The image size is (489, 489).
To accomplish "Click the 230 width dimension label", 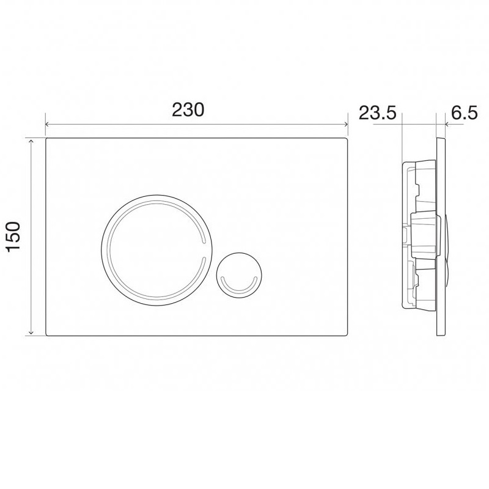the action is (x=188, y=110).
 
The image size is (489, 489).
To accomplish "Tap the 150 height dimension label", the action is (x=13, y=237).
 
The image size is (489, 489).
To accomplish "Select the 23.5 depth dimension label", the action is (x=377, y=112).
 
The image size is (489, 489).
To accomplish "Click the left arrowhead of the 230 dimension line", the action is (x=48, y=125).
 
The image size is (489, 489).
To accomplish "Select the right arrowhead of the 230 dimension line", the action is (x=345, y=125).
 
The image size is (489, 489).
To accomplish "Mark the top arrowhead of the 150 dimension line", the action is (x=31, y=142).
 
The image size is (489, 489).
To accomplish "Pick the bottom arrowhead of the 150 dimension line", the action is (x=31, y=333).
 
